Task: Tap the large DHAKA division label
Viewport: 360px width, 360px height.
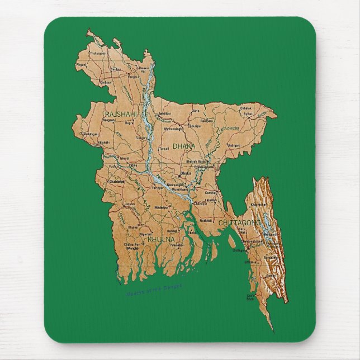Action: pyautogui.click(x=184, y=145)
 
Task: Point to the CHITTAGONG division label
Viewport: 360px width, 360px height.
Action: pyautogui.click(x=239, y=222)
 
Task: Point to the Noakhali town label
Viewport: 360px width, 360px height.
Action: pyautogui.click(x=205, y=220)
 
